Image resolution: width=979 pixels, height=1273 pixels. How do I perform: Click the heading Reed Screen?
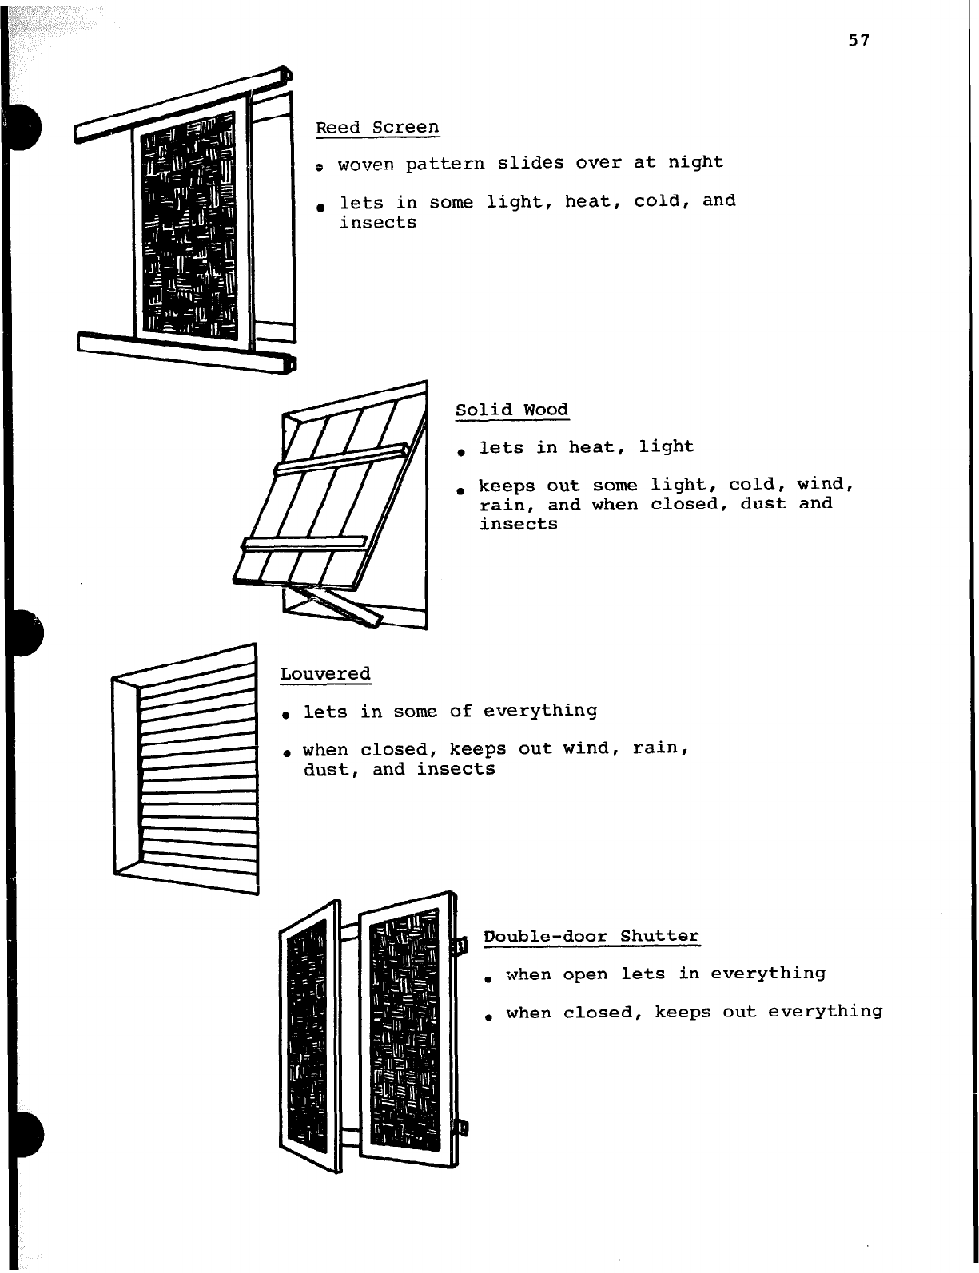[377, 127]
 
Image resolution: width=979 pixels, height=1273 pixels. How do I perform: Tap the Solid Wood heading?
[511, 410]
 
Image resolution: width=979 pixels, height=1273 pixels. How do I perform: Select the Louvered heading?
[325, 673]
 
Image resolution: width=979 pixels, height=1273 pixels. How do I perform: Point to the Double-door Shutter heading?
[591, 935]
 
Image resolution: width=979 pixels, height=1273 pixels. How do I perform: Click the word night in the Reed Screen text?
[695, 162]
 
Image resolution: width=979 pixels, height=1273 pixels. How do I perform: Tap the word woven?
[366, 165]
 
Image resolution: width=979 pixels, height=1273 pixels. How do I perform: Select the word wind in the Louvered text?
[586, 748]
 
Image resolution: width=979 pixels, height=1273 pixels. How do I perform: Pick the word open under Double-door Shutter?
[585, 974]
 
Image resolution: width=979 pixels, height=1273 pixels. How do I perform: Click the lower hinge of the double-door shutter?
[461, 1128]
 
